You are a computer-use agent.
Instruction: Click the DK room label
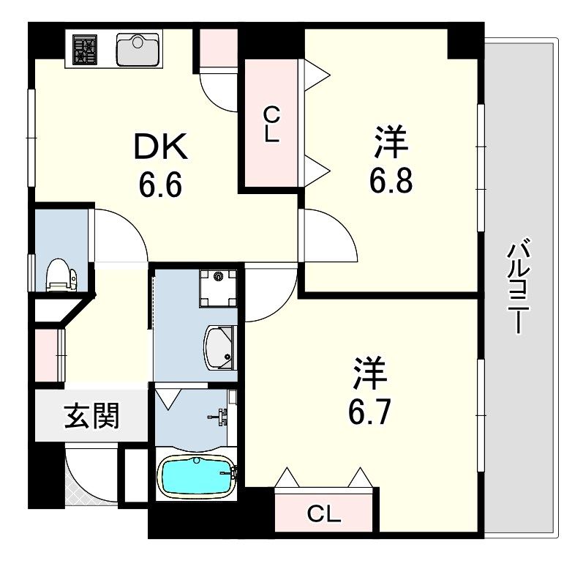pyautogui.click(x=161, y=149)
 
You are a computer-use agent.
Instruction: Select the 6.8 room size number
pyautogui.click(x=391, y=179)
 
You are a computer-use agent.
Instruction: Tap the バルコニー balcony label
pyautogui.click(x=519, y=286)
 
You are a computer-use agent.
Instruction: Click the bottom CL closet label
pyautogui.click(x=324, y=514)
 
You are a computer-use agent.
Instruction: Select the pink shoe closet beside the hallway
pyautogui.click(x=48, y=355)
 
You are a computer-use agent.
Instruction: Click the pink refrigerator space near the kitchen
pyautogui.click(x=217, y=48)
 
